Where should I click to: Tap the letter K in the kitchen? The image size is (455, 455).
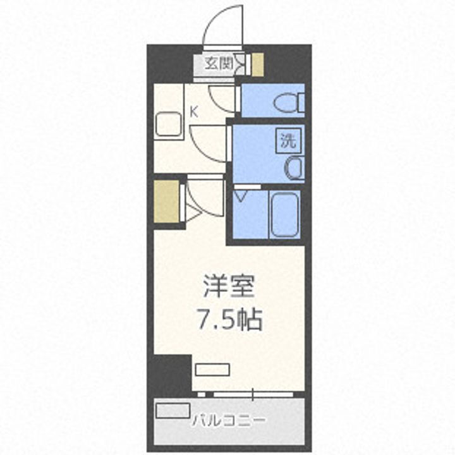coord(195,112)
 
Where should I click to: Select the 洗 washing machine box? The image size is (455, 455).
coord(288,141)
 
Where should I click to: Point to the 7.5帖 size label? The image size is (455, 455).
coord(229,321)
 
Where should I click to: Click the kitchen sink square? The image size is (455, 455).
coord(169,123)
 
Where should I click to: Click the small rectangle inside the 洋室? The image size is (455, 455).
coord(212,370)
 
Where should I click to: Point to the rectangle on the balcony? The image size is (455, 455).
coord(173,409)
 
